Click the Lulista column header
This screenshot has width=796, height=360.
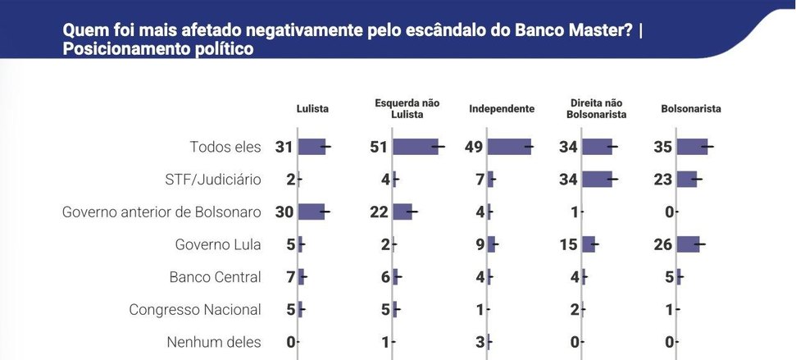[x=313, y=109]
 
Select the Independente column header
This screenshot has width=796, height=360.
[x=502, y=109]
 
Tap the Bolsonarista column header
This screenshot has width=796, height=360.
[x=691, y=109]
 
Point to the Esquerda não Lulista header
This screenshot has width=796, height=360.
[x=407, y=109]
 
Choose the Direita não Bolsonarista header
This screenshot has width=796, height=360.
[x=597, y=109]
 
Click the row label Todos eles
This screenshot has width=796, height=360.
[x=225, y=148]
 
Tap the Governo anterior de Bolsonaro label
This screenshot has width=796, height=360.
[x=161, y=212]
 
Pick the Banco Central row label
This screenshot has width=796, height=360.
[x=215, y=277]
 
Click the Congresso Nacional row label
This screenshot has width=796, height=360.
[x=195, y=310]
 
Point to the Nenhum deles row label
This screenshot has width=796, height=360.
[x=213, y=342]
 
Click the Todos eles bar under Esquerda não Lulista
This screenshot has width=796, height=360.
[x=415, y=148]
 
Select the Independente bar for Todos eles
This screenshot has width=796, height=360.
[x=508, y=148]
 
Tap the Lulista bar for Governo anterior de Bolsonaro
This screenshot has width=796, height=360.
[x=311, y=212]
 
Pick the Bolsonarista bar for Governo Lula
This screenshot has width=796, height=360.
[x=688, y=244]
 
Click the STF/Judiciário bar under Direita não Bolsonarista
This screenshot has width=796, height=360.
[x=597, y=180]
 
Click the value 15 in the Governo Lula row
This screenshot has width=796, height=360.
[x=569, y=244]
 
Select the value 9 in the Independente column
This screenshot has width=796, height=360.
[x=479, y=244]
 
